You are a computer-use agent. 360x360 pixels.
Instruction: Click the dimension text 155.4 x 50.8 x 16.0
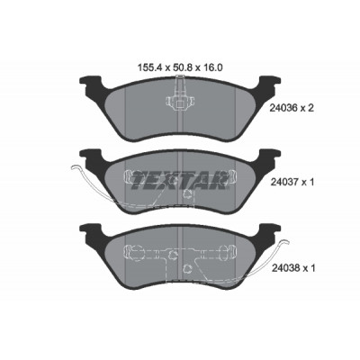coord(180,67)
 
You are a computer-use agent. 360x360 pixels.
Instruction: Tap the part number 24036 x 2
coord(292,108)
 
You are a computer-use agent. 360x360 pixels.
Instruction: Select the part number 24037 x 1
coord(292,182)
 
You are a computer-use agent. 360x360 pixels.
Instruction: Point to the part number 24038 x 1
coord(293,268)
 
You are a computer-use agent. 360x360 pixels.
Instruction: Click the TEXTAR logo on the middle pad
coord(179,181)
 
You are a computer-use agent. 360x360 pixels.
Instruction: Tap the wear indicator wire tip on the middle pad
coord(73,168)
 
